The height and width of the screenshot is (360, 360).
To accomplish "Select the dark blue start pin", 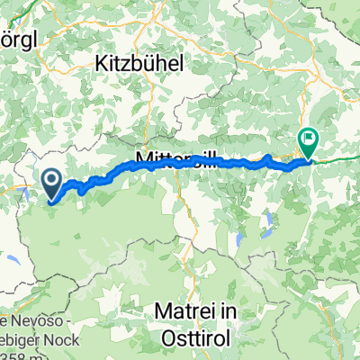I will pyautogui.click(x=51, y=185).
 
